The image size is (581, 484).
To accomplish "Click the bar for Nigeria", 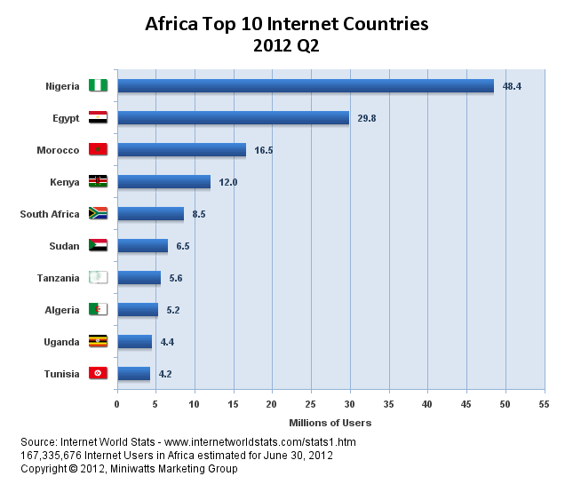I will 305,86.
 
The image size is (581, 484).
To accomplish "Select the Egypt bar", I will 233,118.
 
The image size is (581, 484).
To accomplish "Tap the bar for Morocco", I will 181,150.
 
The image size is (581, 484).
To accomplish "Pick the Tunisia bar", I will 133,374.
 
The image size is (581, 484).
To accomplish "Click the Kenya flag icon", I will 98,182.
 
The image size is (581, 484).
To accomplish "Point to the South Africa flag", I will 98,214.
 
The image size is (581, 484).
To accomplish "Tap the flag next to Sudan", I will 98,246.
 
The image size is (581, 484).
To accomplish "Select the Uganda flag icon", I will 98,342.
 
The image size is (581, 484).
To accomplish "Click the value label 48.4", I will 512,86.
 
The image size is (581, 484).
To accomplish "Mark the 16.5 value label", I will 264,151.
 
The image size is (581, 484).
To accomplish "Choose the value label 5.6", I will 177,279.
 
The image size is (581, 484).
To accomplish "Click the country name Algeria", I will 61,310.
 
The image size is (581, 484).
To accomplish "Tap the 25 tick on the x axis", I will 311,404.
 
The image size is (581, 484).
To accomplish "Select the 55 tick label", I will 544,404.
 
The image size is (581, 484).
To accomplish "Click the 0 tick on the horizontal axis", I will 116,404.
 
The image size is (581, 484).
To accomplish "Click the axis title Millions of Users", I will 330,423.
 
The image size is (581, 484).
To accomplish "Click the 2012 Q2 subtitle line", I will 286,45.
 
